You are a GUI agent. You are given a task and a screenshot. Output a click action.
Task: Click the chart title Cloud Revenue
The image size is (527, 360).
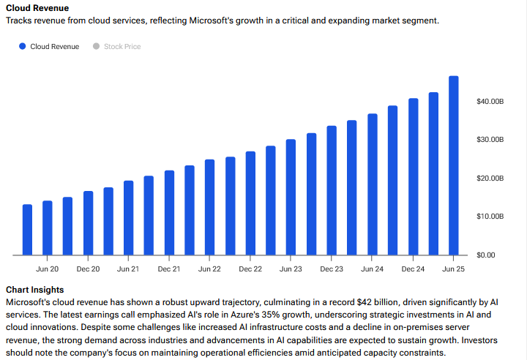37,8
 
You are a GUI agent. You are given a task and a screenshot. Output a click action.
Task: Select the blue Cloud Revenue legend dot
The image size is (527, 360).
23,46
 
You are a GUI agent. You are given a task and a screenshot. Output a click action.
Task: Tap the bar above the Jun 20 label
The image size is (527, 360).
48,228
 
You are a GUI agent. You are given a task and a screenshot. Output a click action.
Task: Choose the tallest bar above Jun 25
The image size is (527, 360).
454,165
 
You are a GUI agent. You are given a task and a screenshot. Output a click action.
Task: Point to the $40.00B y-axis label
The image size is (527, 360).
490,101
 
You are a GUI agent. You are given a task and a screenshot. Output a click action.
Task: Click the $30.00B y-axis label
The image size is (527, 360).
490,139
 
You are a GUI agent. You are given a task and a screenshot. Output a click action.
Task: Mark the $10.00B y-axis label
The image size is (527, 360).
490,217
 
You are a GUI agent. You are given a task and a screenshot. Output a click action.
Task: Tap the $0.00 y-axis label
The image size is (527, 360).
487,255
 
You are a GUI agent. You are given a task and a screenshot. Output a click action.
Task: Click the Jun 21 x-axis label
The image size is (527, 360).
128,269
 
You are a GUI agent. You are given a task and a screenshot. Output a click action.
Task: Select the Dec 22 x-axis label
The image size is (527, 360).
250,269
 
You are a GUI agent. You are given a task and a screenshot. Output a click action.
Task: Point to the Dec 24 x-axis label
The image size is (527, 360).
413,269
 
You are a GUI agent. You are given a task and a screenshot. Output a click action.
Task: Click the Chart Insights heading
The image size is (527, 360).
34,290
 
